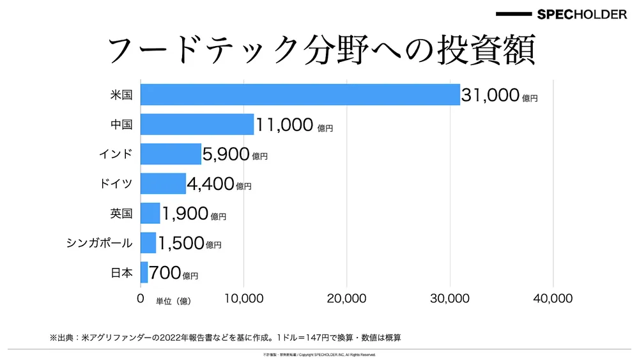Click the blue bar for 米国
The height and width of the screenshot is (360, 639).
(x=300, y=95)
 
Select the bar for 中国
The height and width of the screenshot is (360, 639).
(x=197, y=124)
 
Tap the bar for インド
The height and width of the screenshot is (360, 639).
(x=171, y=154)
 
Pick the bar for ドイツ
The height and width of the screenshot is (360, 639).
(x=163, y=184)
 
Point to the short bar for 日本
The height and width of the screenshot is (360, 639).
(x=144, y=272)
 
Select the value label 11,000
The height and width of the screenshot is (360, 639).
(x=284, y=125)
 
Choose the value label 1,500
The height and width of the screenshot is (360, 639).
(x=180, y=243)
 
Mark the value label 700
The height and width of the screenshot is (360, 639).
(x=165, y=273)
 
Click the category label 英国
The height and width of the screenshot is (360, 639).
(x=121, y=214)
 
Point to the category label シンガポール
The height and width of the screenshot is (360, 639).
(x=99, y=243)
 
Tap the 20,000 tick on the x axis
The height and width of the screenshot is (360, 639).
(x=346, y=299)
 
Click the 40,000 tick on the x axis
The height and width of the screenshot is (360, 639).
(x=552, y=299)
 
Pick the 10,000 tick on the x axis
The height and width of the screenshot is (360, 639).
(x=243, y=299)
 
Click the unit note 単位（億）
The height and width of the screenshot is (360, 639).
(x=173, y=301)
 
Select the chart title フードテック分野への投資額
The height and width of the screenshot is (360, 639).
(x=319, y=51)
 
